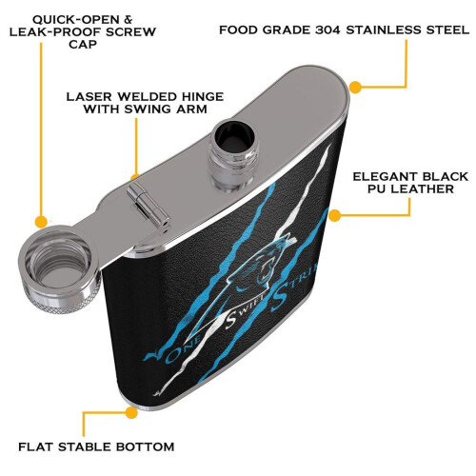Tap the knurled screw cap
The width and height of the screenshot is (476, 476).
pyautogui.click(x=59, y=269)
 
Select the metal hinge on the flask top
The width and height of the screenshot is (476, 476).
pyautogui.click(x=148, y=205)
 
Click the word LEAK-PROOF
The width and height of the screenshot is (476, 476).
pyautogui.click(x=53, y=31)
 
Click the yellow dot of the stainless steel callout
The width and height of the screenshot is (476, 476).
pyautogui.click(x=355, y=87)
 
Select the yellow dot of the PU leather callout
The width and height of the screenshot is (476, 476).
pyautogui.click(x=334, y=215)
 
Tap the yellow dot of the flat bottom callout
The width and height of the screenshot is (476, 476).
pyautogui.click(x=131, y=412)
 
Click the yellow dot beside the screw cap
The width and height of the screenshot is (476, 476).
pyautogui.click(x=41, y=222)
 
